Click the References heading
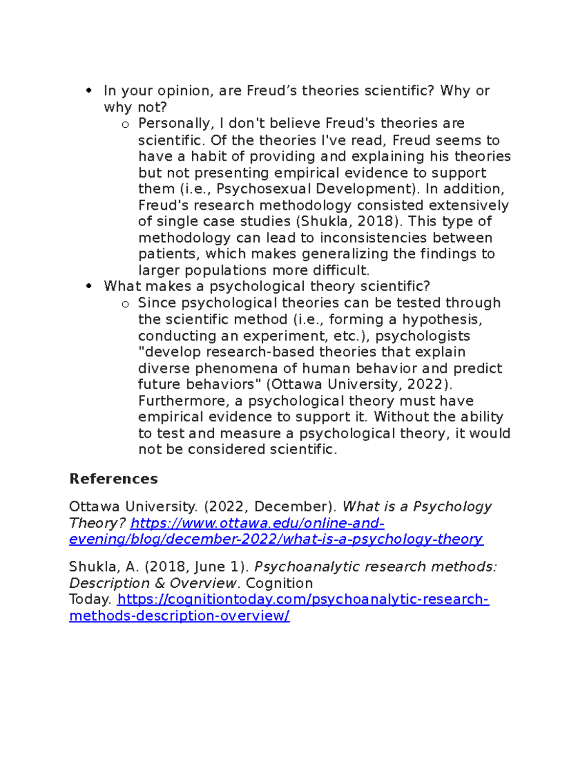coord(113,479)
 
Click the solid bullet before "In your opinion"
coord(89,91)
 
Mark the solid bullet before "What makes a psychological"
coord(89,286)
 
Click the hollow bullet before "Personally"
coord(125,124)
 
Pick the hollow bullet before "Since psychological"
coord(125,304)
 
